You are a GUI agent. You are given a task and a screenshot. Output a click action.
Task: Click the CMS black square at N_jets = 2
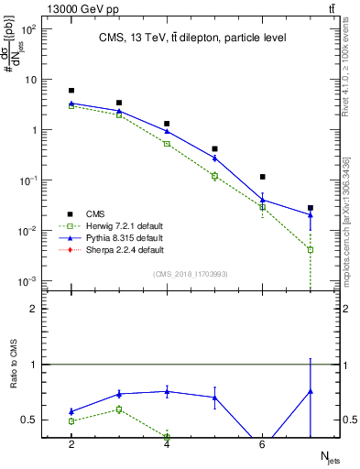(x=71, y=91)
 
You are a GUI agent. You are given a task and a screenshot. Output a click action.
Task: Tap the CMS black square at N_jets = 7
(x=311, y=208)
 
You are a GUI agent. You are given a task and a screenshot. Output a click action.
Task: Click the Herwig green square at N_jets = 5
(x=214, y=176)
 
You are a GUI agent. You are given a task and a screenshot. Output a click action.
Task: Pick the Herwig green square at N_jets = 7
(x=311, y=249)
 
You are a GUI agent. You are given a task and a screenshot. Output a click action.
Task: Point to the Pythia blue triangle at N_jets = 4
(x=167, y=131)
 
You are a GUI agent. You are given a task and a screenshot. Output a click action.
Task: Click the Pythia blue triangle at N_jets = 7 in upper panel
(x=311, y=215)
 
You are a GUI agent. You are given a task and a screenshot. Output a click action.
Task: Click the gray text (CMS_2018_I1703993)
(x=191, y=274)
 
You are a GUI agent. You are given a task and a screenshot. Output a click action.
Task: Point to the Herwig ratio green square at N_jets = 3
(x=119, y=409)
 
